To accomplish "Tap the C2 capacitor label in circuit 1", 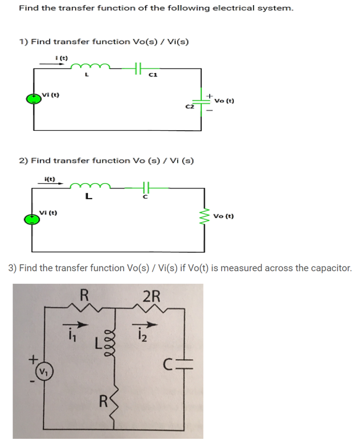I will click(190, 106).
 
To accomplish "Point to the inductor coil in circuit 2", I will click(86, 187).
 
